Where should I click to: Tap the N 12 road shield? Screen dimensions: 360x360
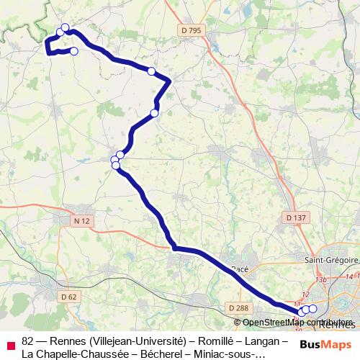(x=81, y=220)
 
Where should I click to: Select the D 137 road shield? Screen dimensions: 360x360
(x=295, y=217)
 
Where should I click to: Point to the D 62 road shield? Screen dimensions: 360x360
(x=69, y=296)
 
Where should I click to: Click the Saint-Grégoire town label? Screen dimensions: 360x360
(x=331, y=260)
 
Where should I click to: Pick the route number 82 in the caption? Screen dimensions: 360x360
(x=28, y=341)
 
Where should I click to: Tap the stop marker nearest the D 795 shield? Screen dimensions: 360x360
(x=151, y=71)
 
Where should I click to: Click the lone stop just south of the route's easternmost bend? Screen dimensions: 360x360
(x=154, y=113)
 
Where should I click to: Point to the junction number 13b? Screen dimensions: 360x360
(x=321, y=279)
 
